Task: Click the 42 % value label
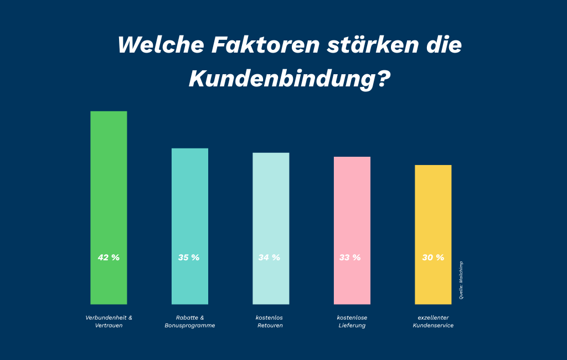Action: pos(109,258)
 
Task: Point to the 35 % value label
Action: pos(189,258)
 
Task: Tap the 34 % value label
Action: pos(270,258)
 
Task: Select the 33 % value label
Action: pos(350,258)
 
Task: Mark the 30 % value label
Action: pos(433,258)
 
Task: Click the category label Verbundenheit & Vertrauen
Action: pos(109,322)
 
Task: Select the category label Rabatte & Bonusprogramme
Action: pos(190,322)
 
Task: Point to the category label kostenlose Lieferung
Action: pos(352,322)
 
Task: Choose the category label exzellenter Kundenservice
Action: pos(433,322)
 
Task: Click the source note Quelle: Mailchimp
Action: pos(461,280)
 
